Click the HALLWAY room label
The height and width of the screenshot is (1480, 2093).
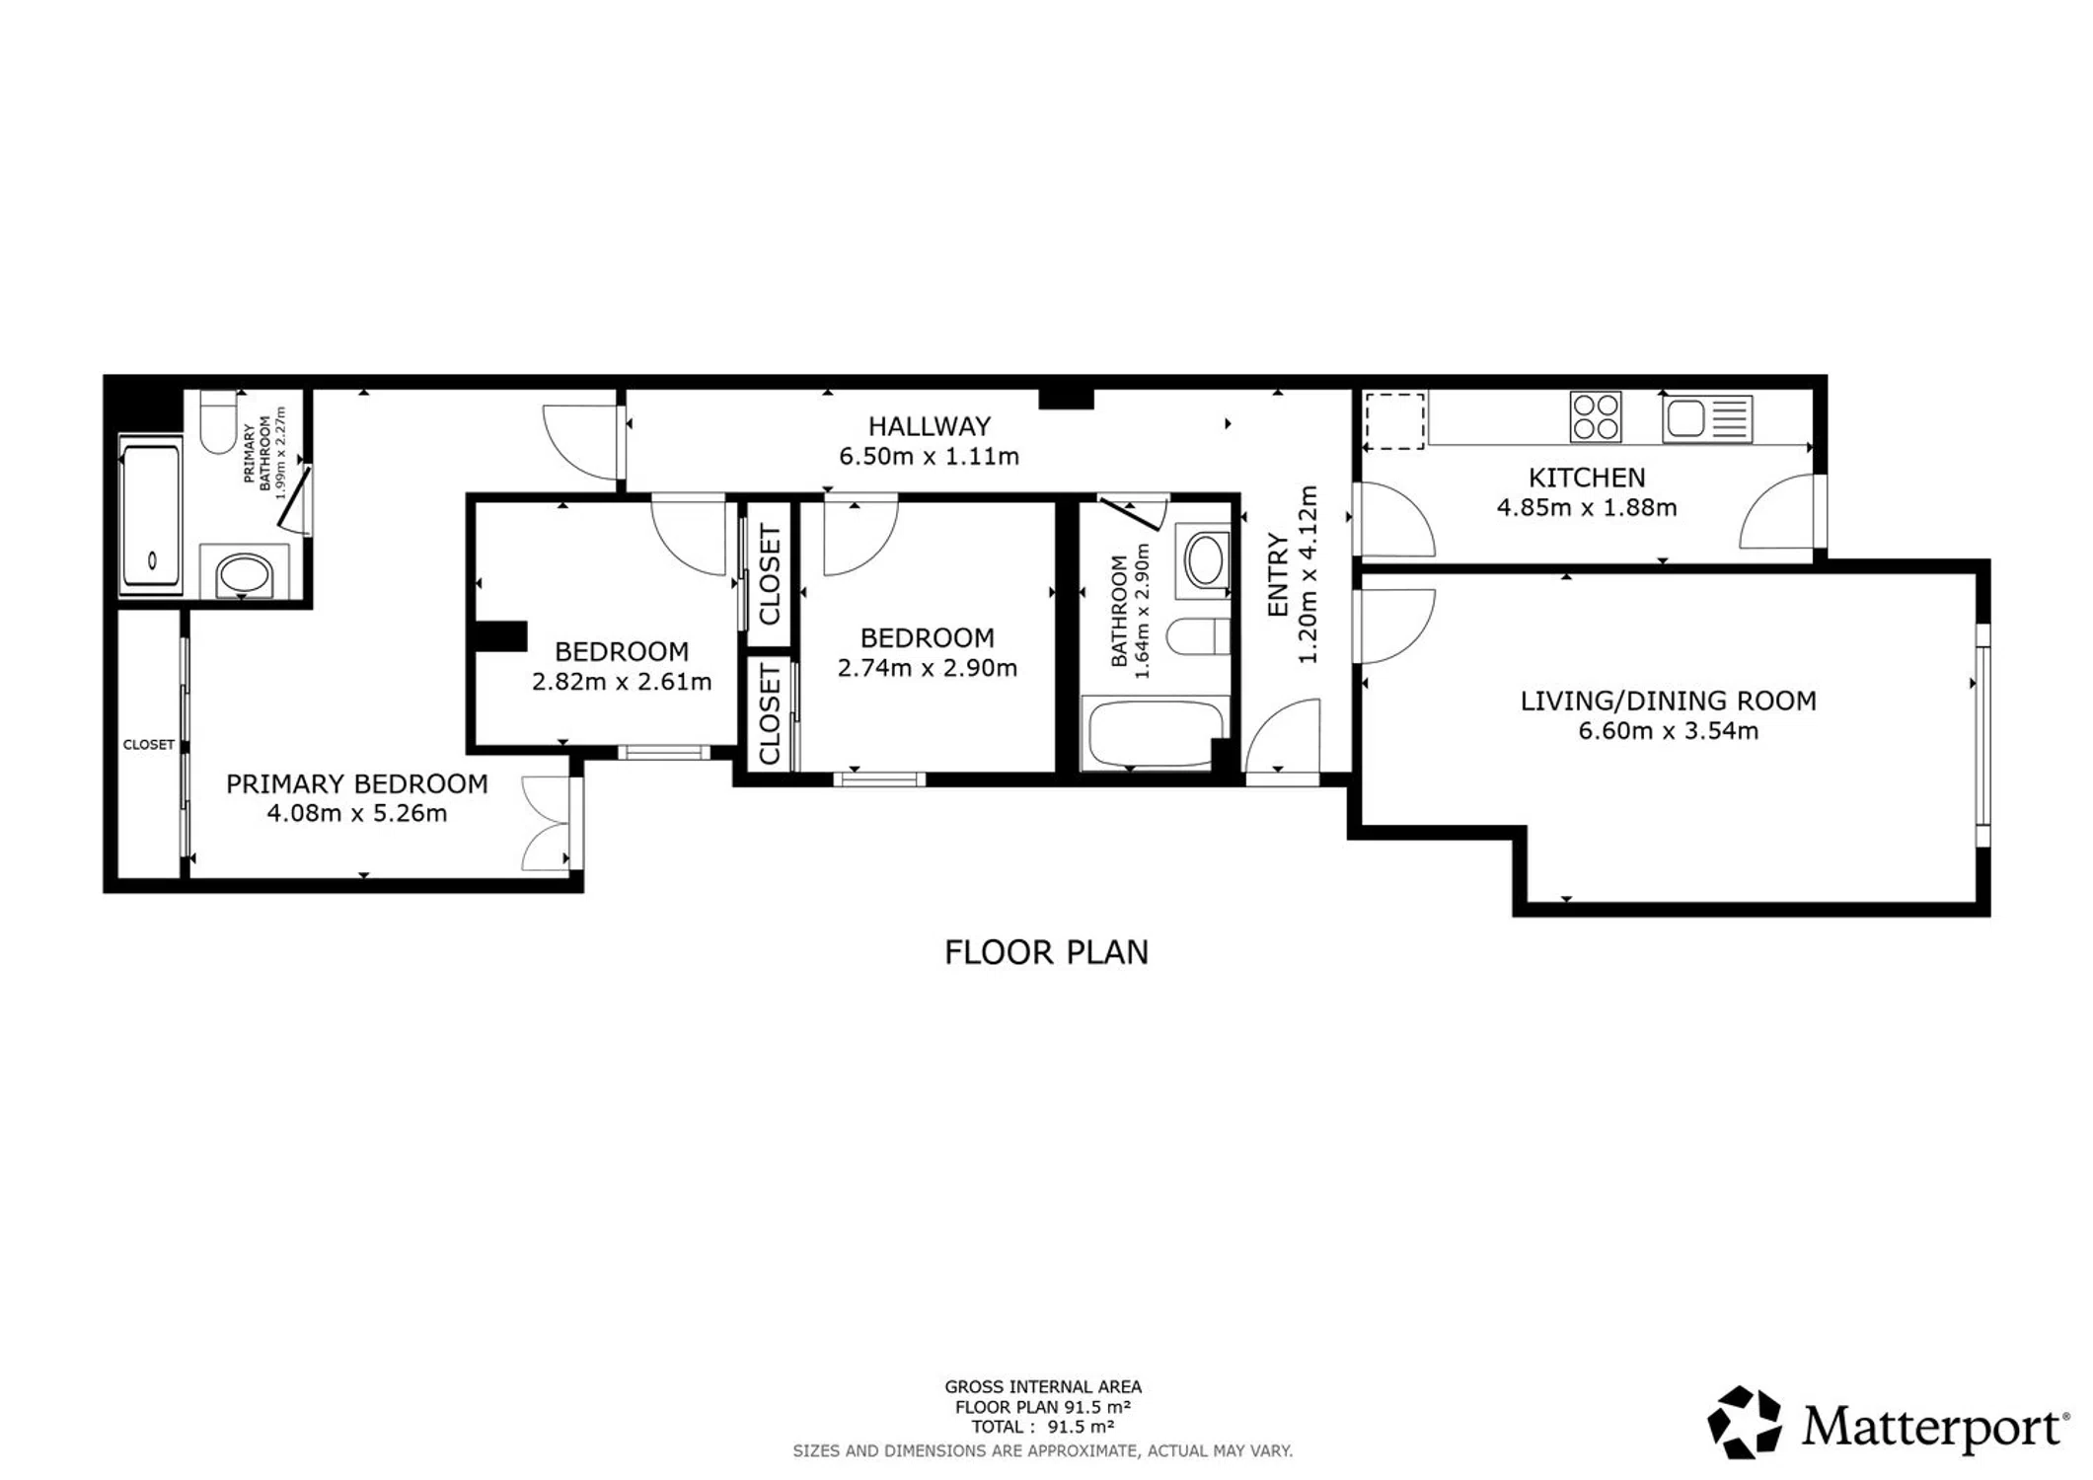click(929, 426)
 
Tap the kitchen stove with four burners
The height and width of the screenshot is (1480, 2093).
click(1595, 417)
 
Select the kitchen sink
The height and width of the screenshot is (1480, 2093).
click(1707, 418)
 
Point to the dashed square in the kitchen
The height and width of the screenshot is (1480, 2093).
click(1394, 421)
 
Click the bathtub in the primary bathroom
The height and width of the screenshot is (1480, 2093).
click(151, 515)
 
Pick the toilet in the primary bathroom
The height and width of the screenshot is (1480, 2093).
click(218, 421)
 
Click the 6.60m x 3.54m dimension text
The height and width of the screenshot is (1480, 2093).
click(1668, 731)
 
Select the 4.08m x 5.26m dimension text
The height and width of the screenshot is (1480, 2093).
click(357, 814)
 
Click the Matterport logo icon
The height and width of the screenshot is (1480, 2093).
click(1744, 1422)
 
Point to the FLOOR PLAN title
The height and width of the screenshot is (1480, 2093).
click(1046, 952)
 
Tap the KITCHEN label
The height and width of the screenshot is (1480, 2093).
click(1587, 478)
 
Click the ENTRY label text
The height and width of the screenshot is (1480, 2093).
click(1278, 575)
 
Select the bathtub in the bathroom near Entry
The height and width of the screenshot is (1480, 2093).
click(1155, 733)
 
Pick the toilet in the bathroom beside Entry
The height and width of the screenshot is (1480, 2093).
click(1198, 636)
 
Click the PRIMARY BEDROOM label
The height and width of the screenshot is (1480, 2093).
click(357, 784)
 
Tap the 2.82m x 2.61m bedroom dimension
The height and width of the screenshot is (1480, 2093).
click(622, 682)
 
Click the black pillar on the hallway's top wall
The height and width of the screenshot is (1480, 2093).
click(1066, 399)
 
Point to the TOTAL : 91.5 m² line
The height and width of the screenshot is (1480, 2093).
click(1043, 1427)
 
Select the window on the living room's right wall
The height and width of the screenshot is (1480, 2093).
click(1982, 734)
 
